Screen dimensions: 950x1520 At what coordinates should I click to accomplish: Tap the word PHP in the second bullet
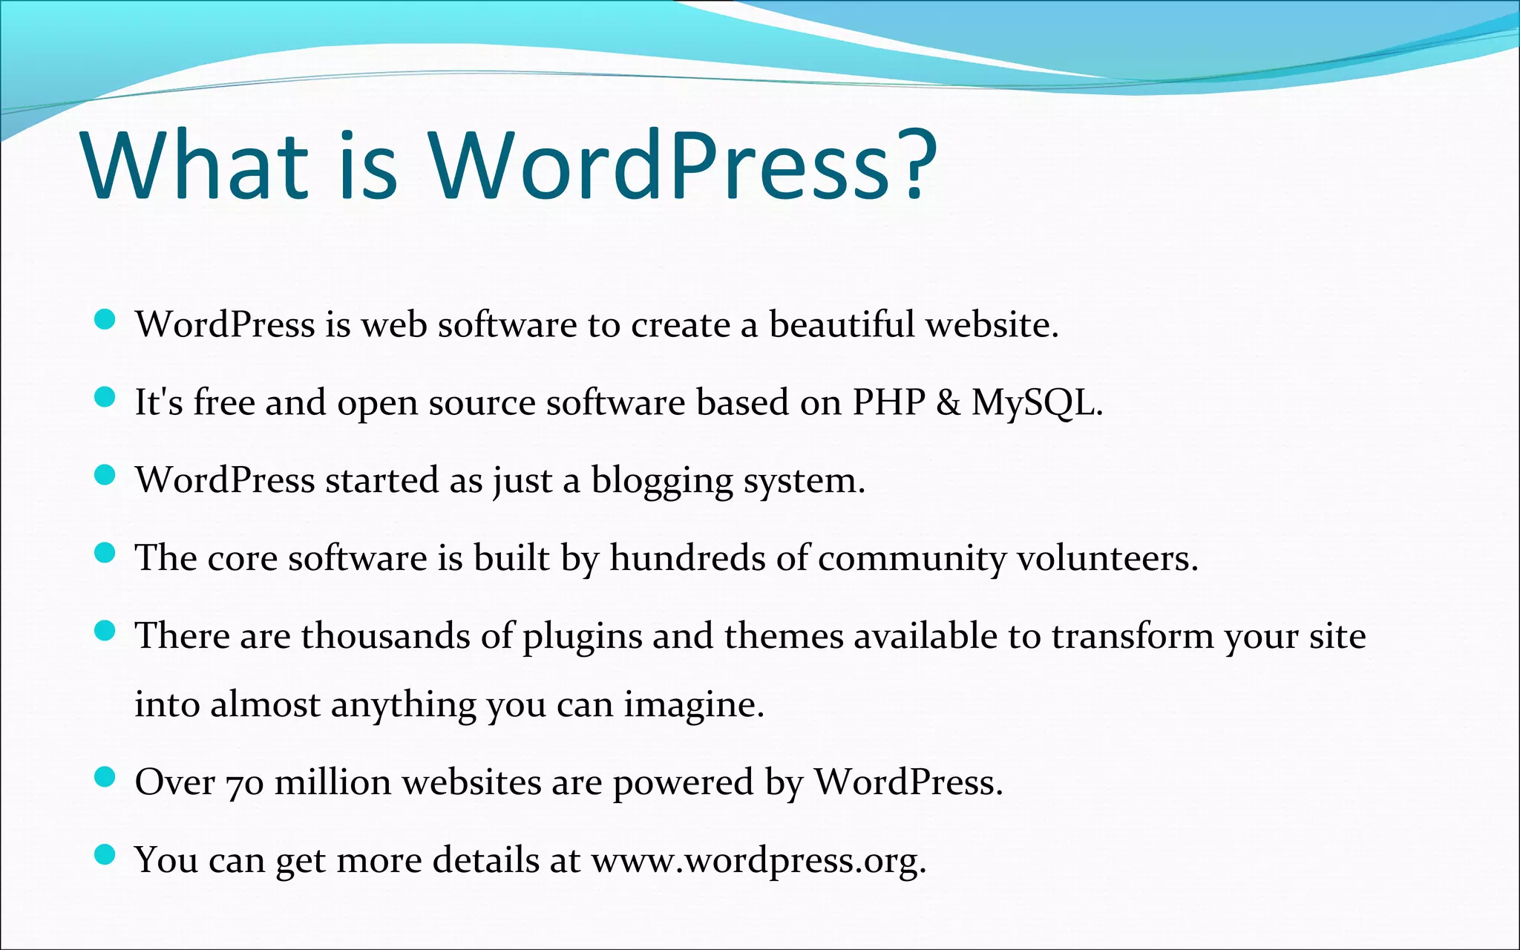(888, 402)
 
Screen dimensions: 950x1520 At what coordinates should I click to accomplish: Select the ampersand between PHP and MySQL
(948, 402)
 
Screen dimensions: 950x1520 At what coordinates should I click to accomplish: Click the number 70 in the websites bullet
(244, 784)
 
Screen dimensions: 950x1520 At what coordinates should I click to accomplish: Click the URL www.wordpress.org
(758, 861)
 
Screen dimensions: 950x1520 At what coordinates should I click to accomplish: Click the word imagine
(693, 705)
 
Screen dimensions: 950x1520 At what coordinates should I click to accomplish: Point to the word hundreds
(687, 558)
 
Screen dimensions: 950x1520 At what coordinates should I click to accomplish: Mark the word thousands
(385, 636)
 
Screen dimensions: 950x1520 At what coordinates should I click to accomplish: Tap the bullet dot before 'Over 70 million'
(105, 776)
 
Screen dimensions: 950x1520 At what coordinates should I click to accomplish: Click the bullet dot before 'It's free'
(105, 397)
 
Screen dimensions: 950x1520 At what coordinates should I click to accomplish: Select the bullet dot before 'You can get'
(105, 854)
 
